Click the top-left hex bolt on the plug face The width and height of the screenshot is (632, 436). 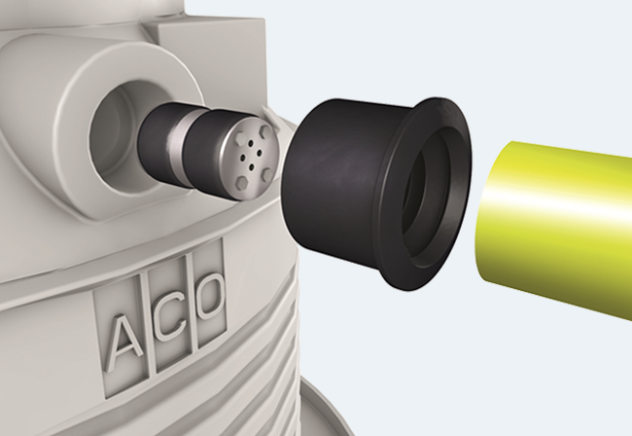click(x=240, y=139)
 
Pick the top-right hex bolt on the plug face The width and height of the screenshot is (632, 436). click(x=267, y=131)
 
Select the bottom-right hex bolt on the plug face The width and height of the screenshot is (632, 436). click(x=267, y=173)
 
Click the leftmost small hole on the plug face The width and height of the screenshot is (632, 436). click(x=243, y=158)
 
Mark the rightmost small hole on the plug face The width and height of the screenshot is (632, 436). click(x=260, y=153)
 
